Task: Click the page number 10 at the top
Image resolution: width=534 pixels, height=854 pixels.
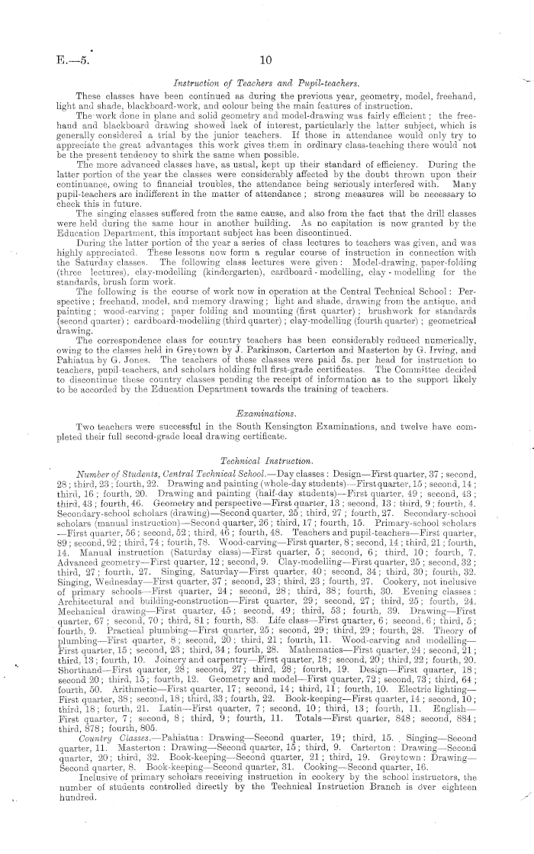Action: pyautogui.click(x=266, y=62)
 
